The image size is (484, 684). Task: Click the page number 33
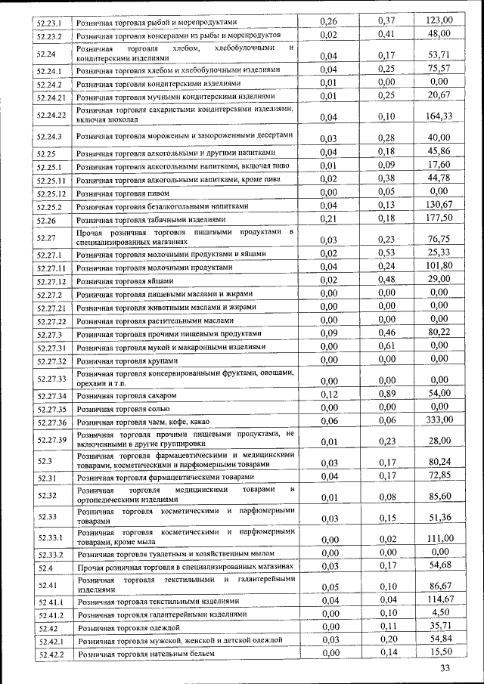[445, 668]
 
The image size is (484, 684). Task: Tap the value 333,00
[439, 419]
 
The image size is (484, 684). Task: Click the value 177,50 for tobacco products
[439, 218]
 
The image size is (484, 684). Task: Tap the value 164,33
[439, 116]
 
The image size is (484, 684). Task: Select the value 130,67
[439, 205]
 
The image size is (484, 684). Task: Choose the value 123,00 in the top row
[439, 21]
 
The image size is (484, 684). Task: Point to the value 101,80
[439, 265]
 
